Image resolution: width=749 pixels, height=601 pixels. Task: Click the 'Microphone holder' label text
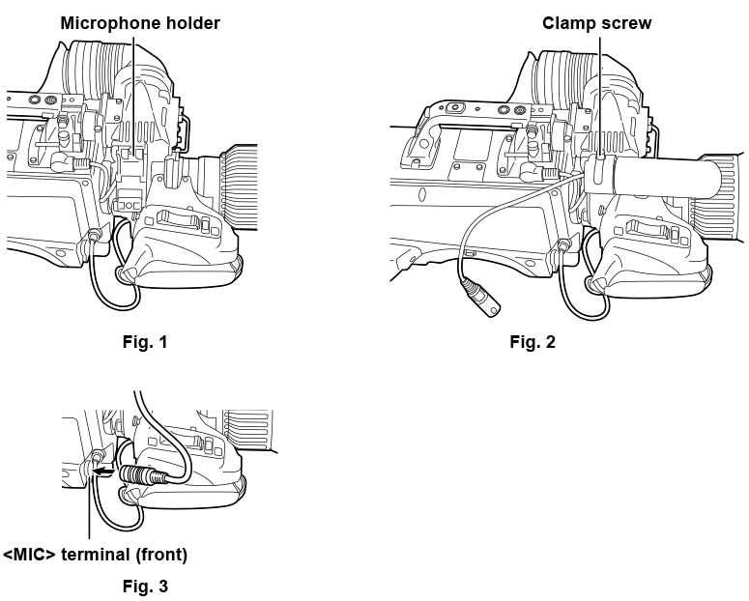point(140,23)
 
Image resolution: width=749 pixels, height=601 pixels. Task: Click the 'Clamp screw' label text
point(596,23)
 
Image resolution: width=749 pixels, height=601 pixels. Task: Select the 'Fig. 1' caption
point(145,342)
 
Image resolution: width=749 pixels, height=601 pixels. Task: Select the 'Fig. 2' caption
point(533,342)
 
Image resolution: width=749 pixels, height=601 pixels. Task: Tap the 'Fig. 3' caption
point(145,587)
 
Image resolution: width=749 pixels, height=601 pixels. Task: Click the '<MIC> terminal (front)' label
point(95,555)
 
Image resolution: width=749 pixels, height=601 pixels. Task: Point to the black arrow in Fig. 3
point(103,472)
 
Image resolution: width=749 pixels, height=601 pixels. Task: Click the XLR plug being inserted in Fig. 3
point(143,475)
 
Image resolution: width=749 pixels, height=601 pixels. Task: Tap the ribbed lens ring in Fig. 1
point(239,186)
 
